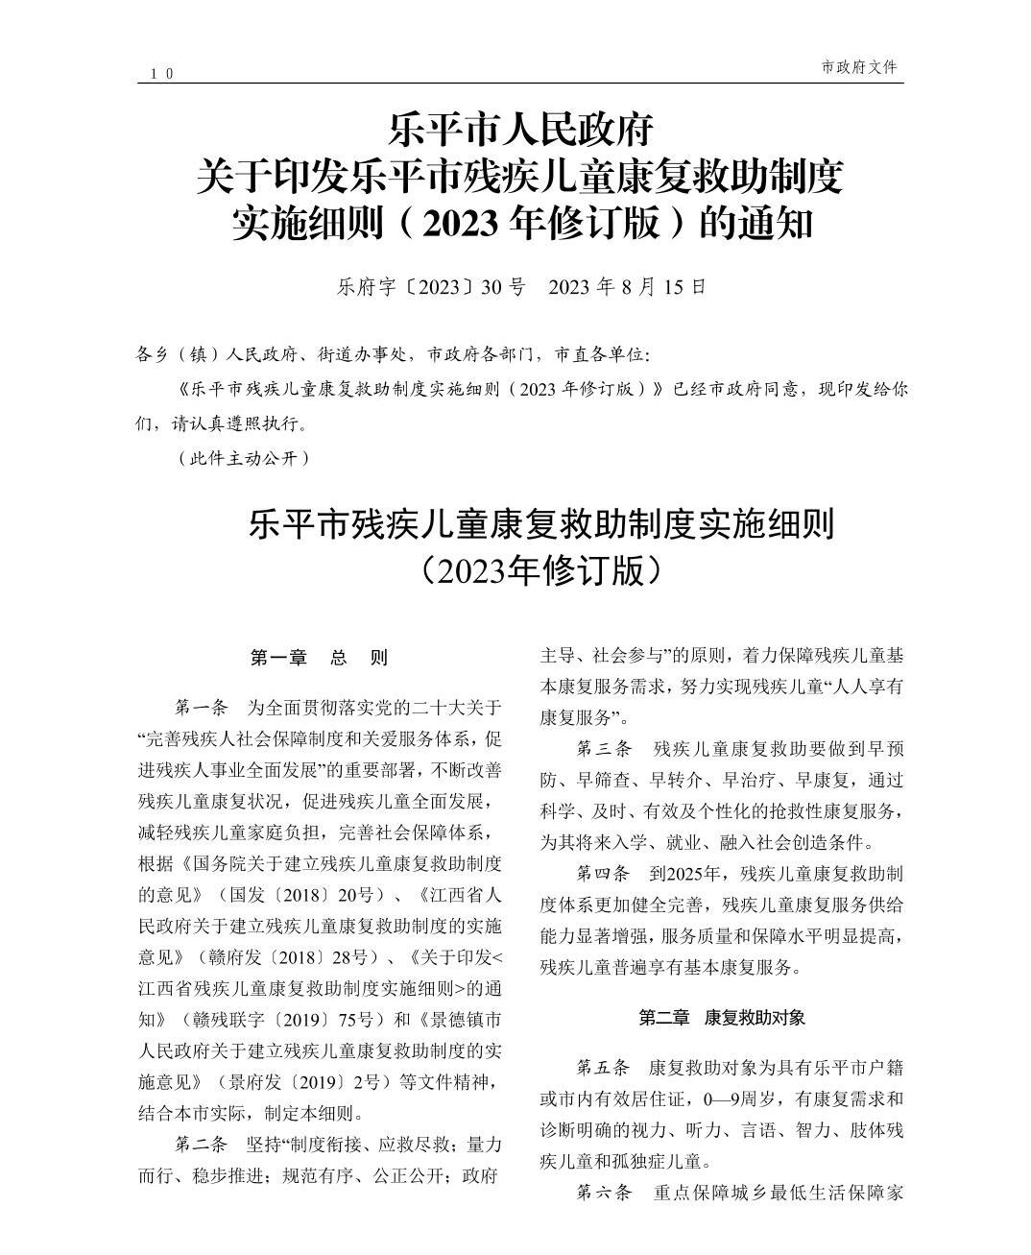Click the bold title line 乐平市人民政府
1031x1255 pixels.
[520, 129]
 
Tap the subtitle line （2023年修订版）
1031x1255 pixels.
[541, 570]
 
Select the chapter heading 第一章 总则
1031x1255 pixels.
[319, 658]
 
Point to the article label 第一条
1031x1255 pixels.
[202, 709]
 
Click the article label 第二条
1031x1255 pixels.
[202, 1145]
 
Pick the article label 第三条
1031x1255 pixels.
[604, 749]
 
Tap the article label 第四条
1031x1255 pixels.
[604, 874]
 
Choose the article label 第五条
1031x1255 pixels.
[604, 1067]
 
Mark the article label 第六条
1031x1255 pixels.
[604, 1192]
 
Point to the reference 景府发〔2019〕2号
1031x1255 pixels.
[303, 1082]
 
